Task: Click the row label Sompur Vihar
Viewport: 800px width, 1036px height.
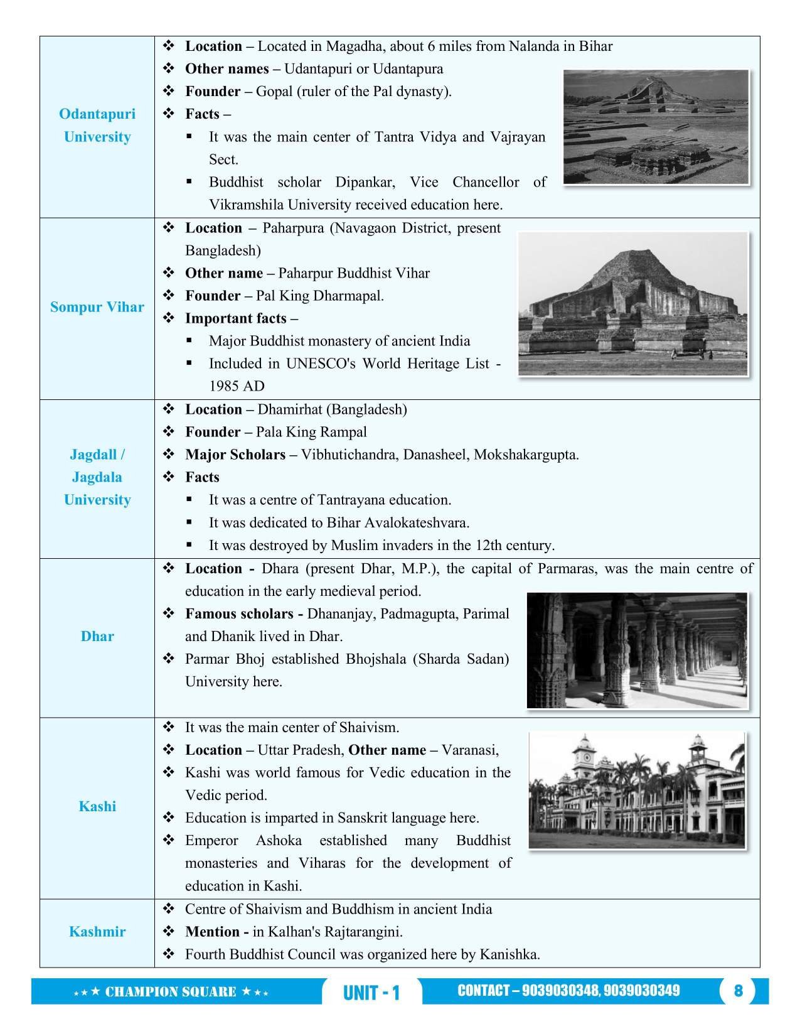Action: [97, 308]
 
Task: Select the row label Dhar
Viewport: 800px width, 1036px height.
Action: [97, 637]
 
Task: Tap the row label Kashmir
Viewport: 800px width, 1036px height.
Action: [97, 932]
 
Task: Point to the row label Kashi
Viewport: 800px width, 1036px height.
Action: [97, 806]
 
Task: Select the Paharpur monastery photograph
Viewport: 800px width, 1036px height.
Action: [632, 304]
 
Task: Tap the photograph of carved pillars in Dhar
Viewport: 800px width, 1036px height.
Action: [637, 650]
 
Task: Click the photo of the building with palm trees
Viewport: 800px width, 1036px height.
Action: [637, 791]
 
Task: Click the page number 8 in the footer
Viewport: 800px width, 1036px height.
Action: [738, 991]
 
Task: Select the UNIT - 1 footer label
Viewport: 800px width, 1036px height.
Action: [371, 993]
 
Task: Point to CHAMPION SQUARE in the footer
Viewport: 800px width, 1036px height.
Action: [171, 992]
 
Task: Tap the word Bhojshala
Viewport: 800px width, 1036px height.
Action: [375, 659]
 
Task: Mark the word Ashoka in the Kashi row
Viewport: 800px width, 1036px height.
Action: [279, 841]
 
